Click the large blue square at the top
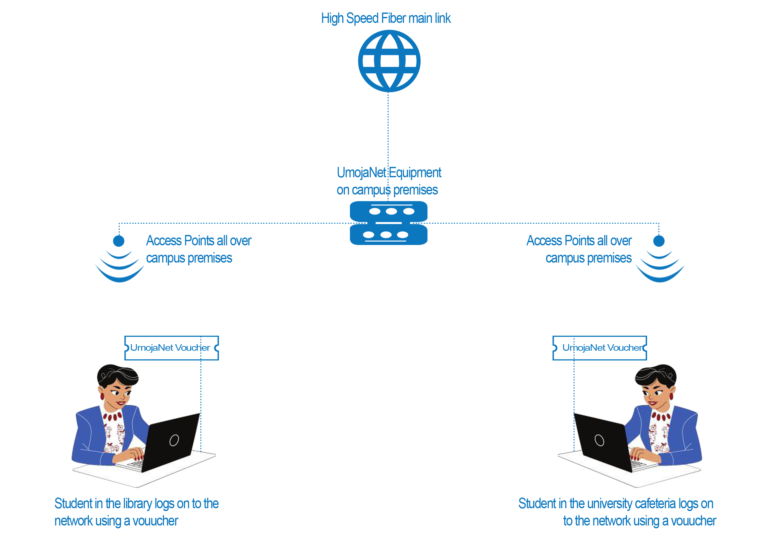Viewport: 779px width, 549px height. tap(389, 61)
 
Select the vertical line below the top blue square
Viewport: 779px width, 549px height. tap(388, 129)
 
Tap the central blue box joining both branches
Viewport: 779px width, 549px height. tap(389, 223)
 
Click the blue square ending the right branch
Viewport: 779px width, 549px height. tap(659, 259)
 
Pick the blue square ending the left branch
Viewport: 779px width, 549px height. tap(119, 259)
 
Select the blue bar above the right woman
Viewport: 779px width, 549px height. tap(600, 348)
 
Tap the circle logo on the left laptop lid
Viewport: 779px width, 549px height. tap(174, 440)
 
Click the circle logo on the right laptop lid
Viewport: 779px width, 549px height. tap(600, 440)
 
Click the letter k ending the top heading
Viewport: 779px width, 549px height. tap(448, 19)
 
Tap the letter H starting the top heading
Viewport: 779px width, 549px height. tap(324, 18)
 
